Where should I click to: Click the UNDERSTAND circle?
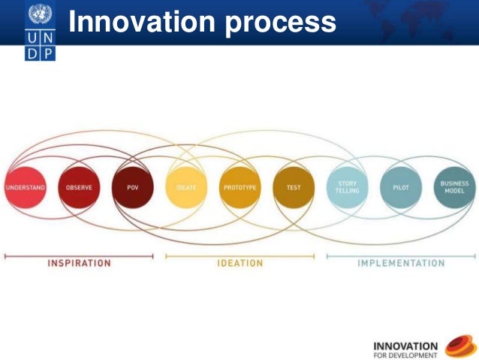pos(26,186)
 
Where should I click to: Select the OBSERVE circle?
pos(79,186)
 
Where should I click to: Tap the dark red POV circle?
pos(133,186)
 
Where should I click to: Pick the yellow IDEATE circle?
pos(186,186)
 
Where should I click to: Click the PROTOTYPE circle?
pos(240,186)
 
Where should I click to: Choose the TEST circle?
pos(294,186)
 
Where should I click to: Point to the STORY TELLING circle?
pos(348,186)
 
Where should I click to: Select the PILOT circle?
pos(401,186)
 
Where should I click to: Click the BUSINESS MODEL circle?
pos(455,186)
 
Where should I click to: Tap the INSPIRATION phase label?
pos(79,263)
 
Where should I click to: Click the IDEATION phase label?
pos(240,263)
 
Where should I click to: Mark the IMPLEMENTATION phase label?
pos(401,263)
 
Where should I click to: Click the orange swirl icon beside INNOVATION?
pos(460,346)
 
